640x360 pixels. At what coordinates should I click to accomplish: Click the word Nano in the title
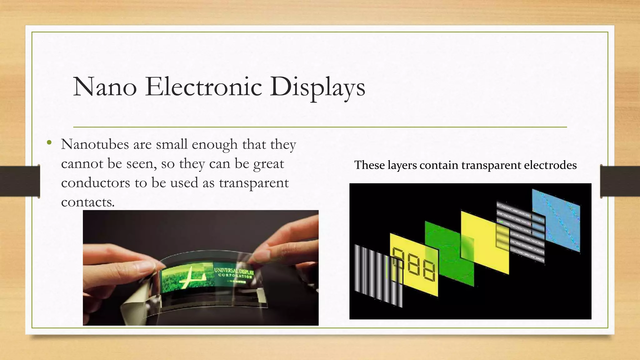105,87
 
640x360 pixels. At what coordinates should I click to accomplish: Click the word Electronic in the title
203,87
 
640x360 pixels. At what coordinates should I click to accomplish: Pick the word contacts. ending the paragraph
88,202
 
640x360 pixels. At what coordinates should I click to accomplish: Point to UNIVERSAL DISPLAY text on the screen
234,271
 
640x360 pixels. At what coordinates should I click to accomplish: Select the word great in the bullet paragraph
268,164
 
